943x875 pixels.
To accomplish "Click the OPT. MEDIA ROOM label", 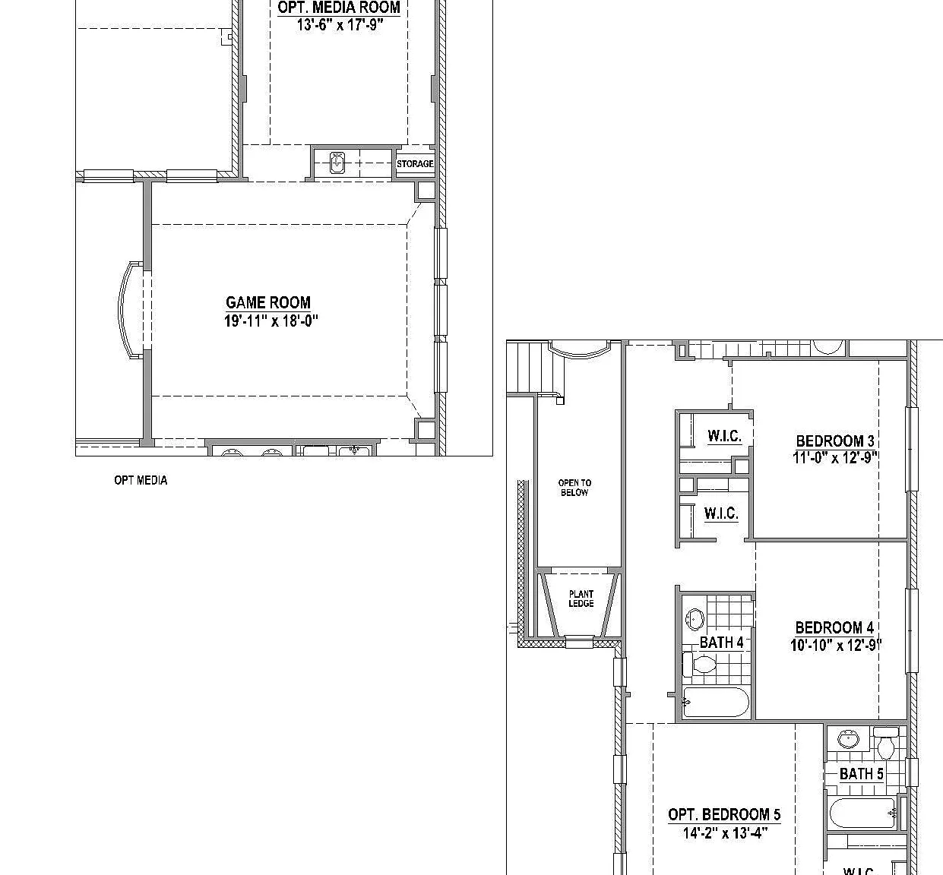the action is click(339, 7).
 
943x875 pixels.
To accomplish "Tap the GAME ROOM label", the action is click(268, 302).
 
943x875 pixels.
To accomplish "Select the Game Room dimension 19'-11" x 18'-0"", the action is click(271, 321).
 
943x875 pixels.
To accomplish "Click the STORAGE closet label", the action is click(415, 164).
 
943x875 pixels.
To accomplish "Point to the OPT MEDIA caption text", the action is click(141, 481).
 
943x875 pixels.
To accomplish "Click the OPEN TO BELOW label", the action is click(574, 488).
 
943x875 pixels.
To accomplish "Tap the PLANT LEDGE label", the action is click(581, 599).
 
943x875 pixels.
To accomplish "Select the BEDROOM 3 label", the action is click(835, 441).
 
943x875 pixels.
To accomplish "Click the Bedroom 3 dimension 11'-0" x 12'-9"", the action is click(835, 458).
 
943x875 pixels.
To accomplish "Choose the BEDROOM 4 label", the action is click(835, 627).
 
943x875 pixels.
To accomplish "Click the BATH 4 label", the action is click(722, 643).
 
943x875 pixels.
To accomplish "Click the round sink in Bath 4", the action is click(695, 620).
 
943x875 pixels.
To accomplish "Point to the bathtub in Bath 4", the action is click(716, 702).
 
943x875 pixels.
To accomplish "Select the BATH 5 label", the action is click(862, 774).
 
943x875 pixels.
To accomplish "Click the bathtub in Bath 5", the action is click(863, 813).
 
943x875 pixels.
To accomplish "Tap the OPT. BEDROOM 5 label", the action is click(724, 815).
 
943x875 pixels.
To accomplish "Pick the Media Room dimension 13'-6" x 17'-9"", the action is click(340, 25).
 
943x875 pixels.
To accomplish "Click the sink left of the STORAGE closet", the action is click(337, 163).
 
